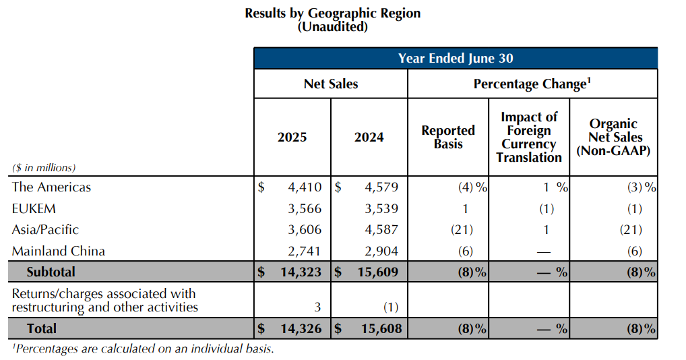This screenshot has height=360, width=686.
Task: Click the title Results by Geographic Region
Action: pyautogui.click(x=332, y=13)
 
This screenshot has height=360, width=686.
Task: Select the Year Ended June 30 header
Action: pyautogui.click(x=456, y=58)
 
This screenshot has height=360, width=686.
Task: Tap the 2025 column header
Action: pyautogui.click(x=292, y=138)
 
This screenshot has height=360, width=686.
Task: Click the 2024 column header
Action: pyautogui.click(x=369, y=138)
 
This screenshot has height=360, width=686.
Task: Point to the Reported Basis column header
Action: pyautogui.click(x=448, y=137)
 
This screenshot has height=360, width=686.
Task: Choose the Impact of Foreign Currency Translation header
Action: pyautogui.click(x=529, y=138)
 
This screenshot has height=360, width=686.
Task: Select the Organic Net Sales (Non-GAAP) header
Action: pyautogui.click(x=613, y=138)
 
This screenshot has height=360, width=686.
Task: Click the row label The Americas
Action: pyautogui.click(x=51, y=187)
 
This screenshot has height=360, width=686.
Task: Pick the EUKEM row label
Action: pyautogui.click(x=34, y=208)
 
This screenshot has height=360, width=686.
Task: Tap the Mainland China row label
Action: pyautogui.click(x=59, y=251)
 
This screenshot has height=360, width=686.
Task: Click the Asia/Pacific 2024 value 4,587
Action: pyautogui.click(x=380, y=230)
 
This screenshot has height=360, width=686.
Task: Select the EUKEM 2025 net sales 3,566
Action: pyautogui.click(x=303, y=208)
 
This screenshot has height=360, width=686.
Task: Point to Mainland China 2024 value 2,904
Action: pyautogui.click(x=380, y=251)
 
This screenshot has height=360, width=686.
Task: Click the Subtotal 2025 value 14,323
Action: pyautogui.click(x=300, y=272)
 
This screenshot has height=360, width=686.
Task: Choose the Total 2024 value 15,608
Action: pyautogui.click(x=377, y=329)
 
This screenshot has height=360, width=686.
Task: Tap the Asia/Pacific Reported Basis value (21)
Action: pyautogui.click(x=462, y=230)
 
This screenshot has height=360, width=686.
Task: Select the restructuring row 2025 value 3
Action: pyautogui.click(x=317, y=307)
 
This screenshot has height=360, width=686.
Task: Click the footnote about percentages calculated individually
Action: pyautogui.click(x=143, y=349)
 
